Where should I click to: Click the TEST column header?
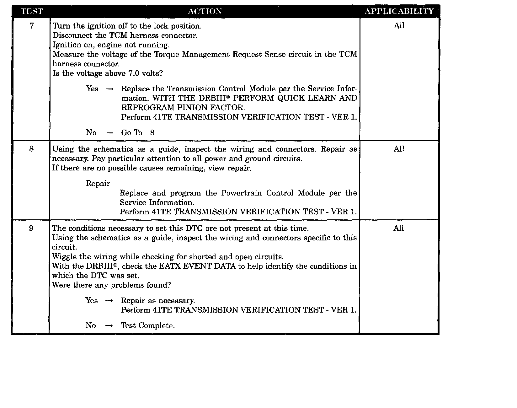coord(31,12)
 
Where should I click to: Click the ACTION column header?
coord(205,12)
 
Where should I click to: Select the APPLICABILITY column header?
coord(399,12)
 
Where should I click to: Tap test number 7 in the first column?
coord(32,26)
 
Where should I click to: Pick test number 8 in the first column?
coord(31,149)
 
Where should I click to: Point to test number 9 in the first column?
coord(31,228)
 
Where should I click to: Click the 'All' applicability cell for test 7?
coord(399,26)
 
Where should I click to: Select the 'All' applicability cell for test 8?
coord(399,149)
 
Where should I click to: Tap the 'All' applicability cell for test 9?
coord(398,228)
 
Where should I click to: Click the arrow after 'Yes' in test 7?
coord(109,89)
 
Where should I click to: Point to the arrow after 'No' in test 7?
coord(109,133)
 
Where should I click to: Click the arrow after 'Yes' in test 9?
coord(109,301)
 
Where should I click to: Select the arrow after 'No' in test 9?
coord(109,326)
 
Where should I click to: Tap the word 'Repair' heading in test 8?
coord(98,183)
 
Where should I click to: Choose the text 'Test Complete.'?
coord(148,326)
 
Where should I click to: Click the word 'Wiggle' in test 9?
coord(64,257)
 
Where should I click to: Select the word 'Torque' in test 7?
coord(166,54)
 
